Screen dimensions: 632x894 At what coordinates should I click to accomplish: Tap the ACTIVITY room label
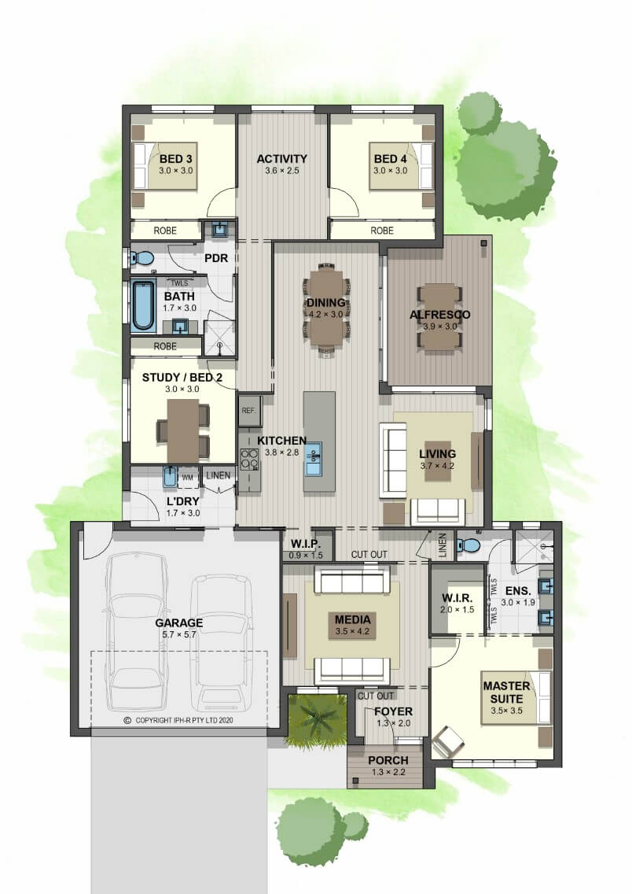click(x=282, y=158)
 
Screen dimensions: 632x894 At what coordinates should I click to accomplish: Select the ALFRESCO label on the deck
click(x=440, y=315)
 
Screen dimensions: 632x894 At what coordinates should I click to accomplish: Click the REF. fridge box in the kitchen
click(x=249, y=410)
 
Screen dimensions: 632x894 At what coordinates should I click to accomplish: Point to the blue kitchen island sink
click(x=313, y=459)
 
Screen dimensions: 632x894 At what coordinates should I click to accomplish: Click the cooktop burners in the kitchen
click(x=249, y=460)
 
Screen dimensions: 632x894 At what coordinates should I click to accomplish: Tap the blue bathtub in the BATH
click(x=143, y=305)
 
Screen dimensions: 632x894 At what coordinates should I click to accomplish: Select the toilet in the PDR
click(x=142, y=259)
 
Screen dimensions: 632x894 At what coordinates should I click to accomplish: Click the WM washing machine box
click(x=187, y=477)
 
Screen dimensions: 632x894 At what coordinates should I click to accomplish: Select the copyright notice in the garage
click(x=178, y=720)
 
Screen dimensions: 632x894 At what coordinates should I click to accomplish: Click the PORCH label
click(x=388, y=760)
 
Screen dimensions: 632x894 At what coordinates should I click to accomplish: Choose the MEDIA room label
click(x=352, y=619)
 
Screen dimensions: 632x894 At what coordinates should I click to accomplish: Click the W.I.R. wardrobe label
click(x=457, y=598)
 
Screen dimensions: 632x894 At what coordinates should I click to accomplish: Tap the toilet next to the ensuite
click(x=469, y=545)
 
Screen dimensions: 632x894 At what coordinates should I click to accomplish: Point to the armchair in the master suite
click(x=447, y=740)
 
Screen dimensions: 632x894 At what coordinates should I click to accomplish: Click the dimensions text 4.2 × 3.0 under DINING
click(x=325, y=314)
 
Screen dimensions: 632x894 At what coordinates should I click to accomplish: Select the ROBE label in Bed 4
click(x=381, y=231)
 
